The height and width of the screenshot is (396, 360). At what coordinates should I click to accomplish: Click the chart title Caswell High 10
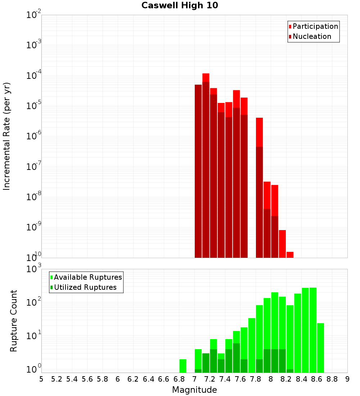180,5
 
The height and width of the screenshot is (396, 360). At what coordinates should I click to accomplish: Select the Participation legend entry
315,26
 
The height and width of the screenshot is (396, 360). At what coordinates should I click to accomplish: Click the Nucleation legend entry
311,36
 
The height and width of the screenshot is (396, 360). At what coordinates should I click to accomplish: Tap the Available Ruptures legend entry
87,277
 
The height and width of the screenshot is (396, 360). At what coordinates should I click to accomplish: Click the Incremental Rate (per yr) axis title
7,136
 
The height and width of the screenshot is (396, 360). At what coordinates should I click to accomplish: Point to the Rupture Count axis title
14,321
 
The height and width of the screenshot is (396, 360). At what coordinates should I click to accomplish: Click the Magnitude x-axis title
194,390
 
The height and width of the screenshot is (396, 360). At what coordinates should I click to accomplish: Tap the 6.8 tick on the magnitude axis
179,379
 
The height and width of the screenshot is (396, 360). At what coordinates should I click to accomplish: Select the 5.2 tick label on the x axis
57,379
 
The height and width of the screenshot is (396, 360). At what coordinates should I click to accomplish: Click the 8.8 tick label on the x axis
332,379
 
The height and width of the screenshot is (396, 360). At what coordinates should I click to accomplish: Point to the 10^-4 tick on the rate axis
34,76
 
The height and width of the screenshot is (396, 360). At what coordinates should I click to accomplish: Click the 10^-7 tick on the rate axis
34,167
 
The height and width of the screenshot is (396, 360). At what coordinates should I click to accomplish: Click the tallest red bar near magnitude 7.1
206,77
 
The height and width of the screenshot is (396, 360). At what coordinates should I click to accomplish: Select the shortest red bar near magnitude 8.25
290,255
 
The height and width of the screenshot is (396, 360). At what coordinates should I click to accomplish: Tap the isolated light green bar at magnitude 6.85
183,366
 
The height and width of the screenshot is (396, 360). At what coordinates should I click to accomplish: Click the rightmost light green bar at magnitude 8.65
320,347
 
